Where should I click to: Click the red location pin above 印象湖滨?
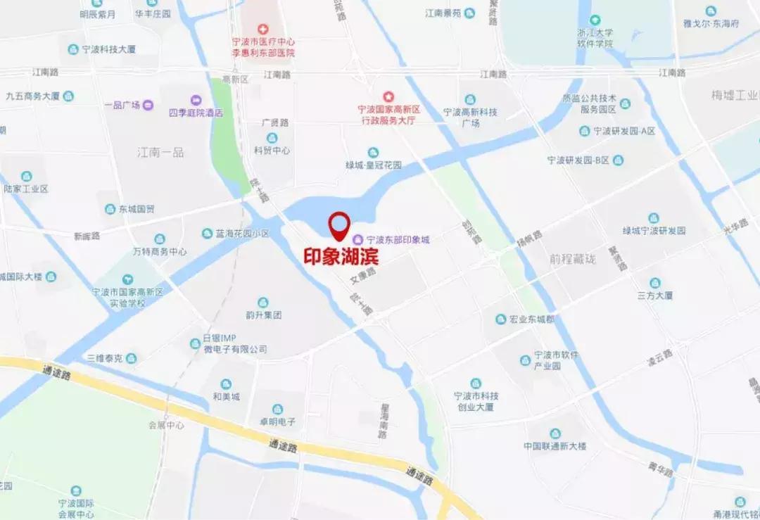click(x=341, y=224)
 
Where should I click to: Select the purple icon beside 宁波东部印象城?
click(x=357, y=240)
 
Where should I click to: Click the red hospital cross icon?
click(x=263, y=29)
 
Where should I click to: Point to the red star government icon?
click(x=388, y=96)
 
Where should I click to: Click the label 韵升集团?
click(x=263, y=315)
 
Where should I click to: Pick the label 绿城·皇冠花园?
click(x=373, y=165)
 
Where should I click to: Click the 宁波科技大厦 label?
click(x=108, y=49)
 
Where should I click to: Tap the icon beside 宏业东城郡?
click(x=500, y=319)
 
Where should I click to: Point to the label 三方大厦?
click(x=656, y=296)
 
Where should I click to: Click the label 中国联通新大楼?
click(x=555, y=446)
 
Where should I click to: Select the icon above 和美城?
click(x=226, y=384)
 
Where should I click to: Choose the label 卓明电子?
click(x=277, y=421)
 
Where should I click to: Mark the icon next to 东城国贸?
click(x=110, y=209)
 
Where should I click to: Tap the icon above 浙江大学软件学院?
click(x=595, y=20)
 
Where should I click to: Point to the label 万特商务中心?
click(x=159, y=251)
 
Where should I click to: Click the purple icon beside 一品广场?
click(x=148, y=106)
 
